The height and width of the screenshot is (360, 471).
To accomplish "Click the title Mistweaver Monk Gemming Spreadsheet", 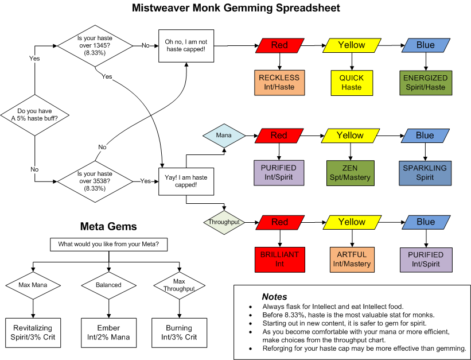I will pos(236,8).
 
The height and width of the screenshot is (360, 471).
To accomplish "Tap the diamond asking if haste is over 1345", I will pos(95,45).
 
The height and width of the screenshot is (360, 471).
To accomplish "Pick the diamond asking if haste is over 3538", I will pos(95,181).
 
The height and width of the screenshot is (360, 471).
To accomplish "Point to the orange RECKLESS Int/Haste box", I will pos(279,82).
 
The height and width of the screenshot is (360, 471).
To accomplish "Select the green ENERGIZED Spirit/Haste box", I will pos(425,82).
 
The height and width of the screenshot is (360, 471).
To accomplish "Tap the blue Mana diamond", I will pos(224,136).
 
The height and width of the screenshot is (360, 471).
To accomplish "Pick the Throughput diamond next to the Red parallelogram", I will pos(224,222).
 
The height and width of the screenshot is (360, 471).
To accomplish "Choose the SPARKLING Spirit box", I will pos(425,173).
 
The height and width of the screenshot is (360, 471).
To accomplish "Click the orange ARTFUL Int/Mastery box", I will pos(351,259).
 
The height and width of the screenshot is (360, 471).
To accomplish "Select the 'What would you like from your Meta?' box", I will pos(112,244).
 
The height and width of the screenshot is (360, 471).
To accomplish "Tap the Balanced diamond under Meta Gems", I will pos(108,285).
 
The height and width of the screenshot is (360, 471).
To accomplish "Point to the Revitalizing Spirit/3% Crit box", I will pos(33,332).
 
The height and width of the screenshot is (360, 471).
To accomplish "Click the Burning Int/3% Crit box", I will pos(180,332).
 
